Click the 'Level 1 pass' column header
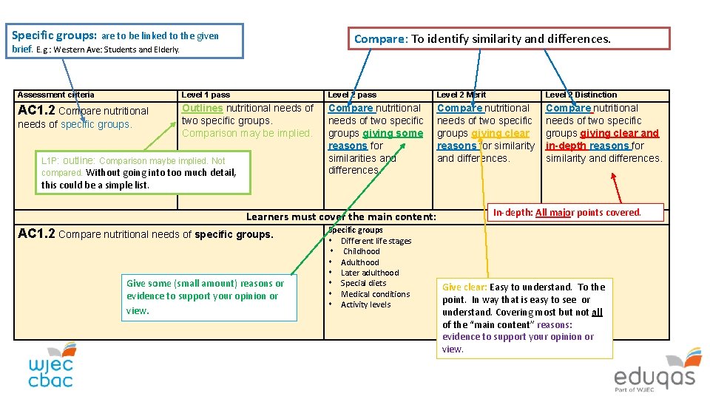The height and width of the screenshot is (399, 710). coord(206,95)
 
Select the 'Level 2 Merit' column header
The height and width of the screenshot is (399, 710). coord(461,95)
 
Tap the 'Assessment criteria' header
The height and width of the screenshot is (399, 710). coord(55,95)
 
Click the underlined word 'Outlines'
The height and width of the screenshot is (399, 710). coord(203,108)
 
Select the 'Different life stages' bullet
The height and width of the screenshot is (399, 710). coord(376,241)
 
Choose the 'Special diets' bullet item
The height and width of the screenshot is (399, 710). coord(363,283)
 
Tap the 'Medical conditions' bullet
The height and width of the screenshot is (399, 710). coord(375,294)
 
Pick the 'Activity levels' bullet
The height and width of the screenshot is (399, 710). coord(365,304)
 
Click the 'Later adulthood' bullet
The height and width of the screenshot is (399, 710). coord(369,273)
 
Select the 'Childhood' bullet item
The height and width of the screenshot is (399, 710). coord(361,251)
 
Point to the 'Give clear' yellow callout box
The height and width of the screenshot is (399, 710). coord(524,318)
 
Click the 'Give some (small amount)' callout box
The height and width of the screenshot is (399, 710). coord(209,296)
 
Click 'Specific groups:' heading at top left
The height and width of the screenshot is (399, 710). coord(55,35)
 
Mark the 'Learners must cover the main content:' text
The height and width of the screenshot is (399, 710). coord(341,216)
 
